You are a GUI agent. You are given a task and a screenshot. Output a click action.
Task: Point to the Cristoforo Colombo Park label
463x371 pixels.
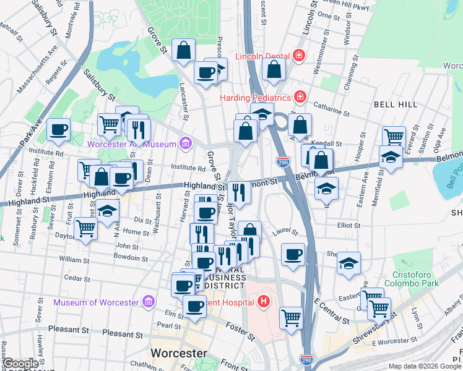pos(411,279)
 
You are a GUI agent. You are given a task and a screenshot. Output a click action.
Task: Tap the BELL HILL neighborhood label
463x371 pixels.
pos(396,104)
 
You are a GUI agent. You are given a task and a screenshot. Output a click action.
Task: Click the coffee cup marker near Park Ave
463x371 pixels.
pos(59,129)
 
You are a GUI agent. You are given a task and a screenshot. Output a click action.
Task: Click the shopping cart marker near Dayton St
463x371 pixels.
pos(85,228)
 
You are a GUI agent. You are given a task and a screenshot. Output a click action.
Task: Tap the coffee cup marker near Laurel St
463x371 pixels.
pos(293,254)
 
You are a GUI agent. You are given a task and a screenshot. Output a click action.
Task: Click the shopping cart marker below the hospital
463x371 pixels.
pos(291,318)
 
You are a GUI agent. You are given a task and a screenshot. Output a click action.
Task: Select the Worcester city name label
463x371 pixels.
pos(180,352)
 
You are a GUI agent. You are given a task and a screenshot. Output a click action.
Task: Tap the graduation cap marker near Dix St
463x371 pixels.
pos(108,210)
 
